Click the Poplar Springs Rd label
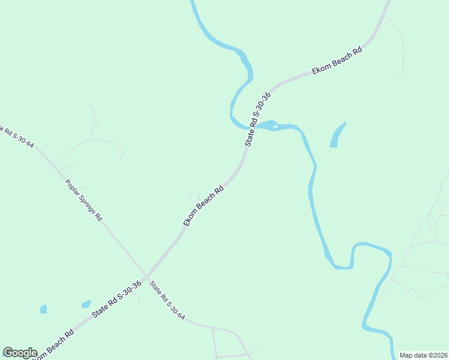tap(83, 199)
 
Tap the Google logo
tap(20, 353)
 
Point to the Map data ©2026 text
tap(423, 355)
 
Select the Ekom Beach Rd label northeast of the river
tap(338, 62)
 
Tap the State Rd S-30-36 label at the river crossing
tap(258, 119)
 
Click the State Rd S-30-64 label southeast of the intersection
tap(167, 300)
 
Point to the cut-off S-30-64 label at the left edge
tap(17, 135)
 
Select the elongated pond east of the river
tap(338, 135)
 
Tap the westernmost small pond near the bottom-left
tap(43, 309)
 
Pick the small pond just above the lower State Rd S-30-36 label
tap(86, 304)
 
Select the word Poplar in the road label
tap(71, 184)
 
